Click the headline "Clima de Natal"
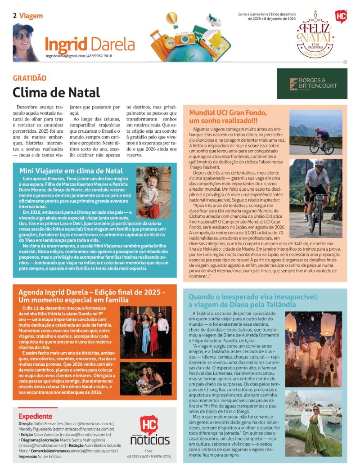(x=56, y=92)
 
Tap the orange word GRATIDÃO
(x=30, y=78)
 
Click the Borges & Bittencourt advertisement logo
(x=312, y=84)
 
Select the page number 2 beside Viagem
(x=15, y=16)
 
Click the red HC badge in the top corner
(x=341, y=17)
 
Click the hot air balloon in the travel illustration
(x=172, y=20)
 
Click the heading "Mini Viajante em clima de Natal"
(x=71, y=171)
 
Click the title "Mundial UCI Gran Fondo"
(x=228, y=112)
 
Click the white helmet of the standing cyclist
(x=319, y=163)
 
